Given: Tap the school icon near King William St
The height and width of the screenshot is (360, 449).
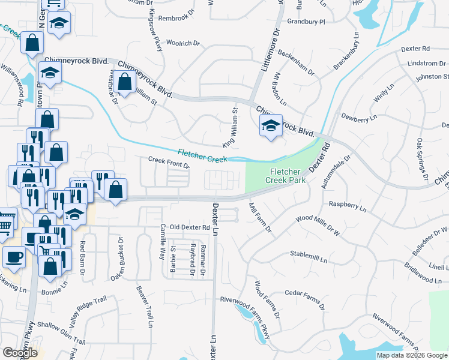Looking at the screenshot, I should click(270, 127).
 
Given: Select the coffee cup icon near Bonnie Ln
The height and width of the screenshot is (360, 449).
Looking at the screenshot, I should click(13, 257).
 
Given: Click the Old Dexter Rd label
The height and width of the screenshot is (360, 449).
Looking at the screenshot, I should click(190, 227).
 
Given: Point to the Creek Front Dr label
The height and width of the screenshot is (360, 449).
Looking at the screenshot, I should click(169, 161).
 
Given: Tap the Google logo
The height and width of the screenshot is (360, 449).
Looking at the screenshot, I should click(20, 353).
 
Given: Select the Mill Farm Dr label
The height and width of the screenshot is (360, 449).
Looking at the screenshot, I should click(260, 218).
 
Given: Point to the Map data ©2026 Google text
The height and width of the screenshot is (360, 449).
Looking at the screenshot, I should click(412, 355).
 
